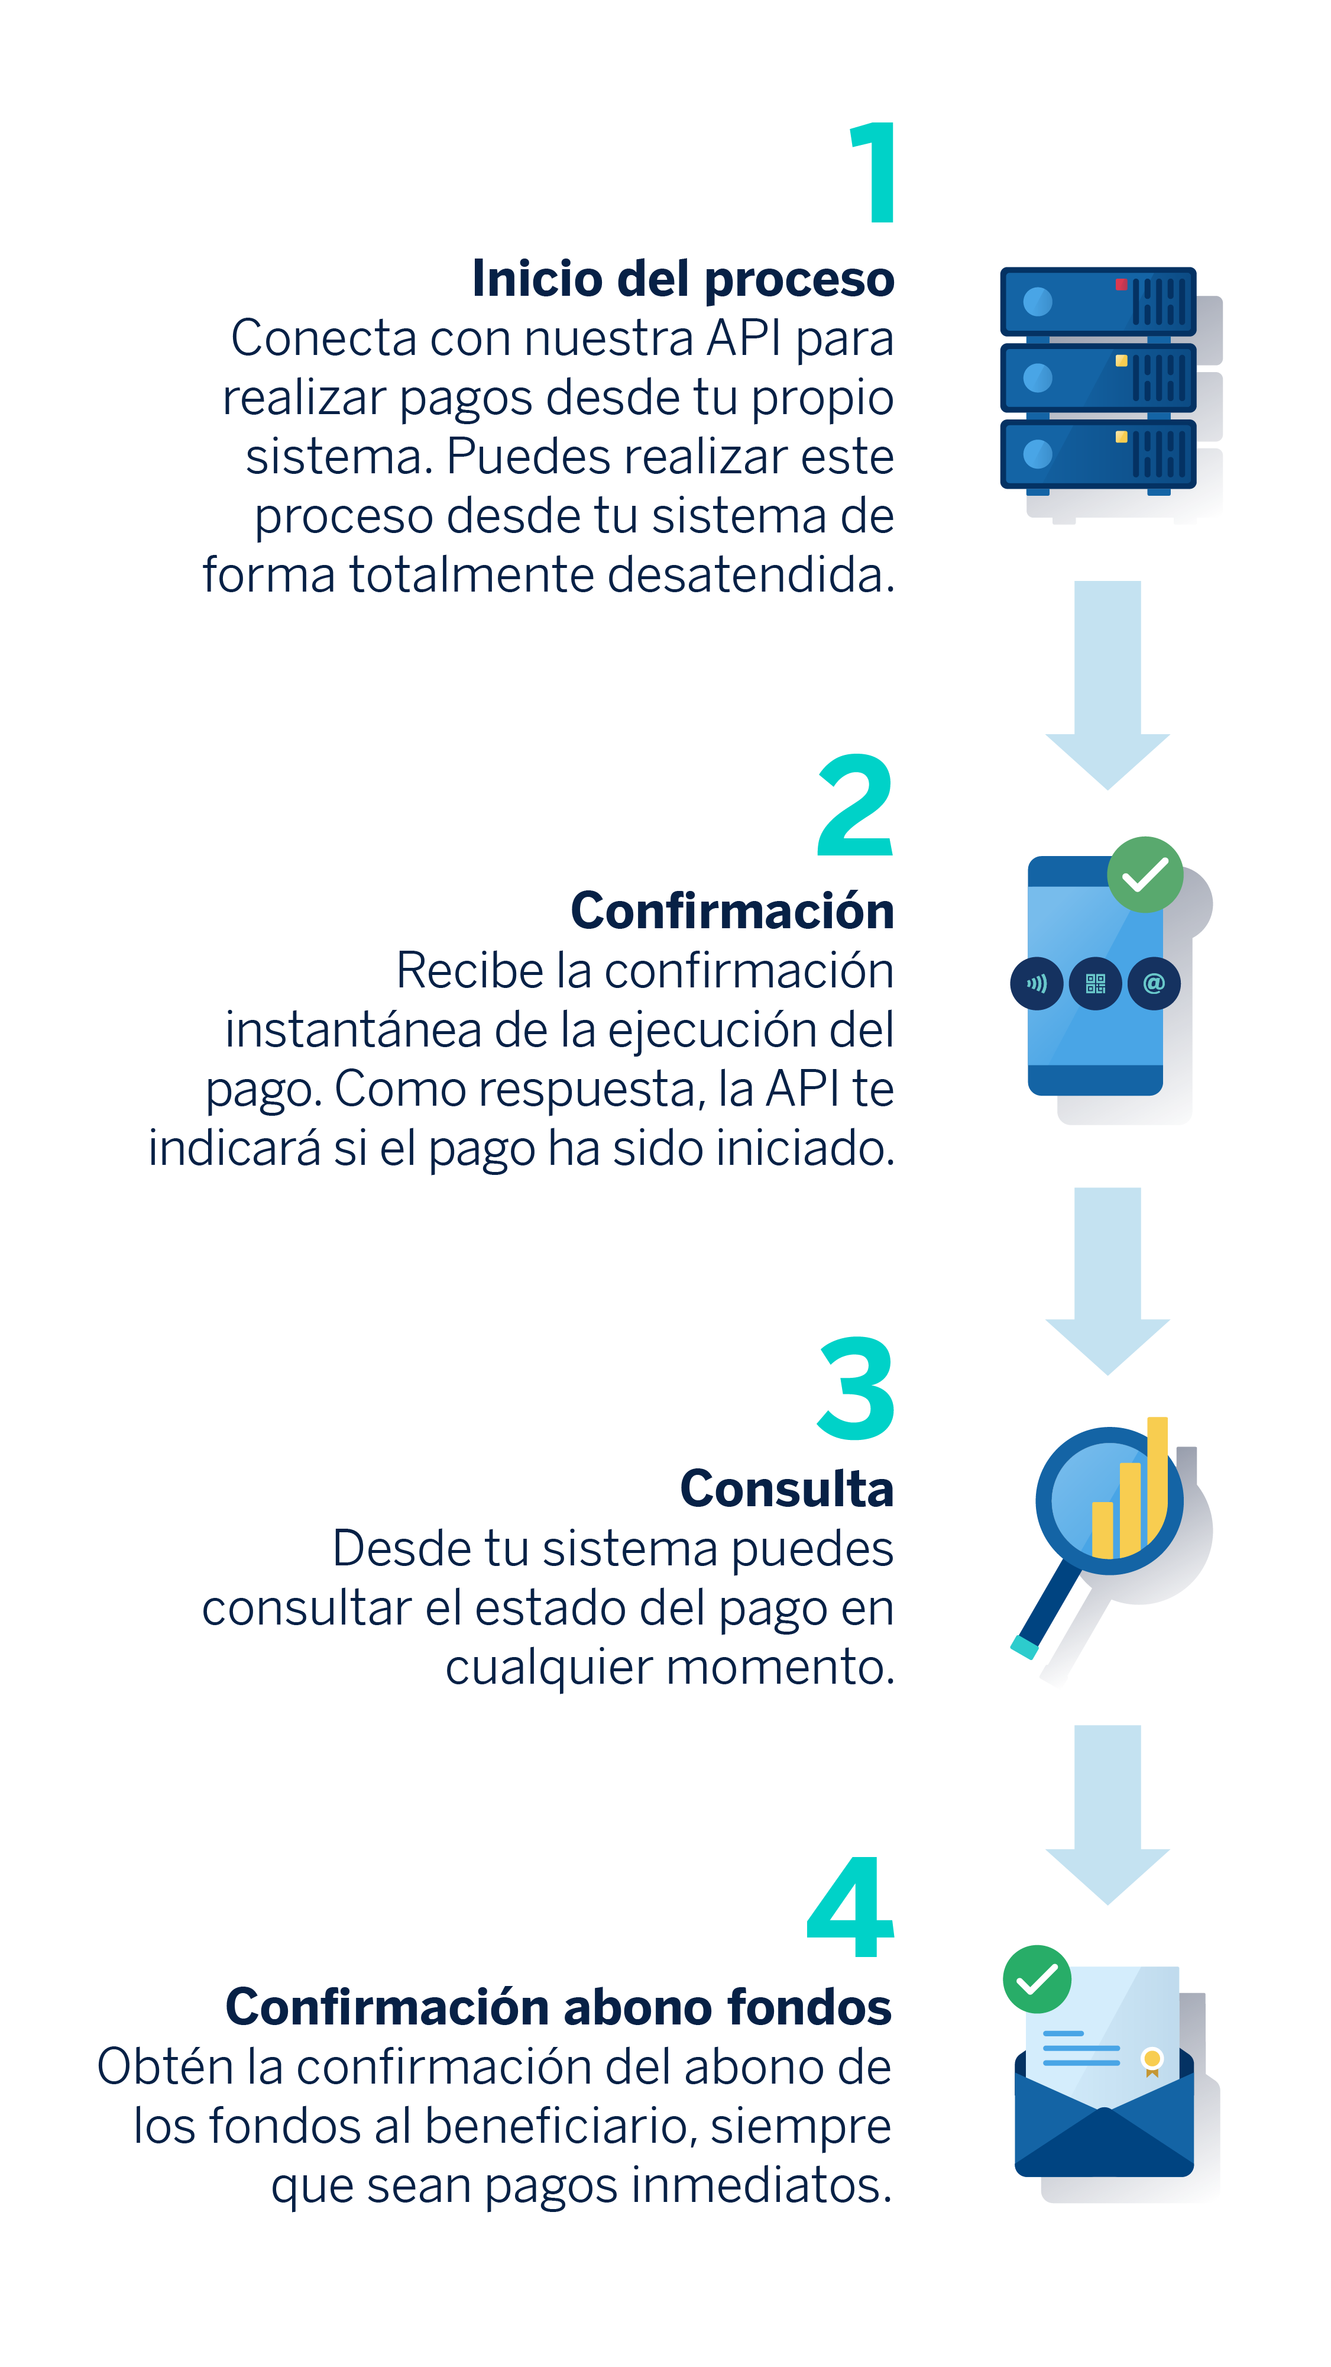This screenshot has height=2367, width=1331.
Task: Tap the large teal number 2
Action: [855, 806]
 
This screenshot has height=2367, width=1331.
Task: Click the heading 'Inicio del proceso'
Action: [682, 279]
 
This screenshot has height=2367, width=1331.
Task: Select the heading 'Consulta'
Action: [786, 1488]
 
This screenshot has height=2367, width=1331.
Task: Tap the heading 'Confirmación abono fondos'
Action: [559, 2006]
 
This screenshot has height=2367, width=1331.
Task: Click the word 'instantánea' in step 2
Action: [354, 1029]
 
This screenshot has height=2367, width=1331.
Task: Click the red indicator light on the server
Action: [1120, 285]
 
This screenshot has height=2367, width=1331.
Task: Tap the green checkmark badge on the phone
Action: [1145, 875]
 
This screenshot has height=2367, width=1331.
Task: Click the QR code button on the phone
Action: [1095, 984]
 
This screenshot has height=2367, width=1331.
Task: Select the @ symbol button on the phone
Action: [1154, 984]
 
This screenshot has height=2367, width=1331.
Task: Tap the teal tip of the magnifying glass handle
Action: [1024, 1648]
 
